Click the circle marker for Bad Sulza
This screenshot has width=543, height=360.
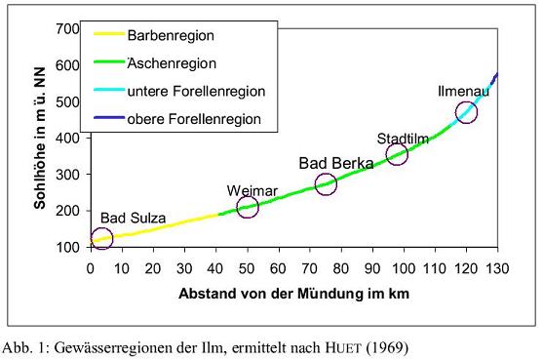(x=102, y=237)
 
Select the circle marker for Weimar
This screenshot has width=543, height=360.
(x=248, y=206)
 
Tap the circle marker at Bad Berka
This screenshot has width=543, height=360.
(x=326, y=183)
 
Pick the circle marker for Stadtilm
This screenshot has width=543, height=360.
(x=397, y=154)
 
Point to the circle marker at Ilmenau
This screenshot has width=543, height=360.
(x=466, y=112)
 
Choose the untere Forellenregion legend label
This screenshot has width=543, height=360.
(x=195, y=91)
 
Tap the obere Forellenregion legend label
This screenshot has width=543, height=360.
(x=193, y=119)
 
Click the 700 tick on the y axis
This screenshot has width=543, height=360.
(x=67, y=28)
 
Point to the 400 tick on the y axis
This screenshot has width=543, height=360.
(x=67, y=138)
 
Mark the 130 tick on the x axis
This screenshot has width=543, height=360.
(x=497, y=266)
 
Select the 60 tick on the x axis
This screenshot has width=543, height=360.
(x=279, y=266)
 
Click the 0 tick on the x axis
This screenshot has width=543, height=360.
(x=91, y=266)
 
